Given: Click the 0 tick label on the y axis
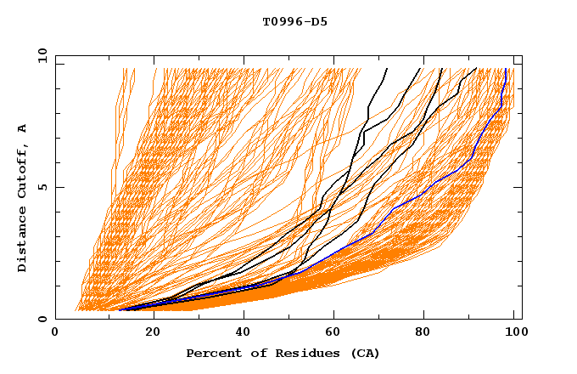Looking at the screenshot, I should (x=42, y=319).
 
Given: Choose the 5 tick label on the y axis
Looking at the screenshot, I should (x=42, y=187).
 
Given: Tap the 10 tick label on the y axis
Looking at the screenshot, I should (x=40, y=55).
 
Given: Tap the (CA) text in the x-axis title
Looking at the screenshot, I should (x=364, y=353).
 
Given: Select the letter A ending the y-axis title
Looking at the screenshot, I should (x=22, y=128).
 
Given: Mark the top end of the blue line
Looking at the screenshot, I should (x=507, y=69).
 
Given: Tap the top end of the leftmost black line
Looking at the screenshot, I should (x=387, y=69).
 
